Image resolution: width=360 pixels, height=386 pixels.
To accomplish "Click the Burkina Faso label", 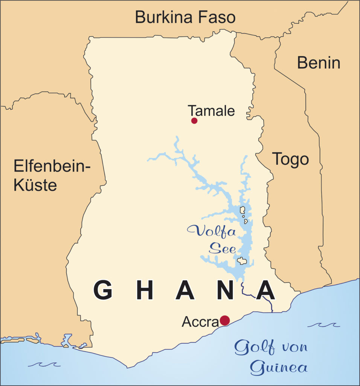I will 185,17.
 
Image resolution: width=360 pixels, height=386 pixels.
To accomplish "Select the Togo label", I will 290,159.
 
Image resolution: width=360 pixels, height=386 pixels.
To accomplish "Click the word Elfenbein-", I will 53,166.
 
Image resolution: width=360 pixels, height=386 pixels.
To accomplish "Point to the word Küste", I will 35,185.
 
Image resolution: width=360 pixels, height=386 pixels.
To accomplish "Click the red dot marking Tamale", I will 194,121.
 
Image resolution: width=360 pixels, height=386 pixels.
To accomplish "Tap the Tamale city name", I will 211,111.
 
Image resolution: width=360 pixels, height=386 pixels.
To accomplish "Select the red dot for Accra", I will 225,320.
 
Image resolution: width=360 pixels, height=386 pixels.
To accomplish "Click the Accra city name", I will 200,322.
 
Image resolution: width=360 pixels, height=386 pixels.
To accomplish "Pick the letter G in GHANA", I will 103,290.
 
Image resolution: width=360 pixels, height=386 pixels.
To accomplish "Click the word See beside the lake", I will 222,248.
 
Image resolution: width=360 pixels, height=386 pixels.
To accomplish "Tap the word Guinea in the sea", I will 279,367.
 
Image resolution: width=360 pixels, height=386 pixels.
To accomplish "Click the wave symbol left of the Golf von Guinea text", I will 44,364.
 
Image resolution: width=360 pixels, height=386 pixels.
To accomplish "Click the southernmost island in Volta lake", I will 242,261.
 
